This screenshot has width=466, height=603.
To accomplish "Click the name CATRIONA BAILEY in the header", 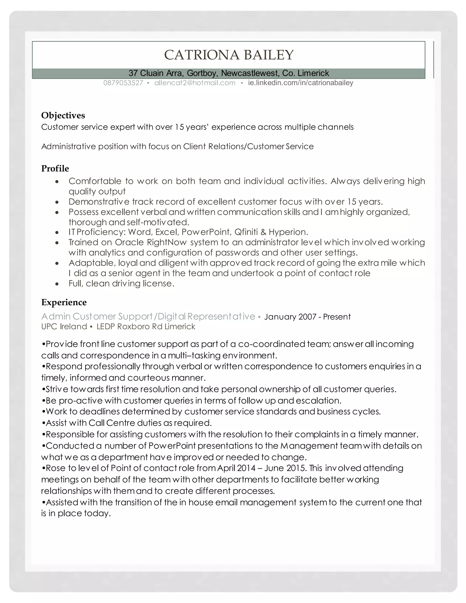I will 229,55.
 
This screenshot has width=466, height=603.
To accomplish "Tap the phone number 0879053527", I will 123,83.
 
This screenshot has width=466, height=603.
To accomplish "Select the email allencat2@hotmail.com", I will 195,83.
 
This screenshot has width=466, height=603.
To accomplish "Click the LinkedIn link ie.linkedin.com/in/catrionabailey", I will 300,83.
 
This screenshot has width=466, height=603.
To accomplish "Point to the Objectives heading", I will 63,115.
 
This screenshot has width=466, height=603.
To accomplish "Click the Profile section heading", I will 55,168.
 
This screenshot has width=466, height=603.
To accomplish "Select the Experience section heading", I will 64,302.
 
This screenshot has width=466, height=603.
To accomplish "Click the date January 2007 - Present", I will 307,317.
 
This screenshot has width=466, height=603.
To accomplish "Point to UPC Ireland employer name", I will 64,327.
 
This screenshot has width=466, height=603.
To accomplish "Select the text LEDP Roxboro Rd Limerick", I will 146,327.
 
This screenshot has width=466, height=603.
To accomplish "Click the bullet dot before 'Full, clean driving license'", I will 57,284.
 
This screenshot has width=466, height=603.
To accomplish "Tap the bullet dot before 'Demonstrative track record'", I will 57,202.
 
